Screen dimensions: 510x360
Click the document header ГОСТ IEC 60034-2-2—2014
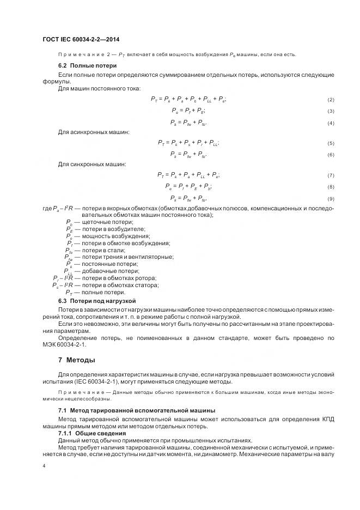[x=81, y=40]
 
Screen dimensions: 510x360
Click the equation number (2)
[x=330, y=100]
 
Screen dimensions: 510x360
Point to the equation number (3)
[x=330, y=111]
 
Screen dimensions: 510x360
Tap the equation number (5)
[x=330, y=144]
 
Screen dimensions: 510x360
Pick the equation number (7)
[x=330, y=176]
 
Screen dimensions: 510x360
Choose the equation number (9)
[x=330, y=199]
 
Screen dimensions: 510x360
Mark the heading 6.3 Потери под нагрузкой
[x=96, y=301]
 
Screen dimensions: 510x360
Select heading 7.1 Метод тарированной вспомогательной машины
[x=136, y=410]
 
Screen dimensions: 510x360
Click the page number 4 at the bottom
[x=44, y=466]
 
